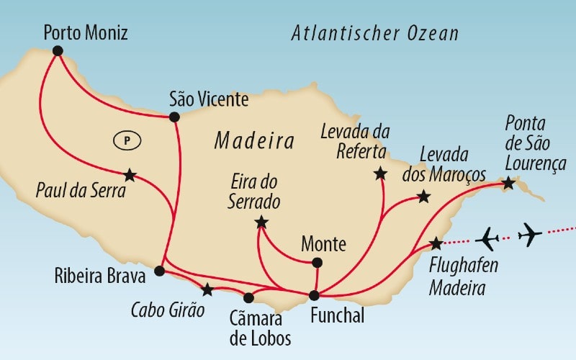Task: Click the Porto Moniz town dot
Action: [x=58, y=50]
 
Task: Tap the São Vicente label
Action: [x=209, y=99]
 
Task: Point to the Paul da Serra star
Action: [x=130, y=175]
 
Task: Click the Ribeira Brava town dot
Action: [x=160, y=271]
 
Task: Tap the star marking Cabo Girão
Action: [x=207, y=289]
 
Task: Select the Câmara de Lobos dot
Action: [x=249, y=297]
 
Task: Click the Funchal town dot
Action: [x=314, y=294]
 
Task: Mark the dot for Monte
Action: [x=318, y=262]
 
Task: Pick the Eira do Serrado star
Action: [x=261, y=222]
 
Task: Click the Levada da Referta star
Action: [x=380, y=174]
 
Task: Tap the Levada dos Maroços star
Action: [x=424, y=197]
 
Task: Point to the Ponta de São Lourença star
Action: [x=508, y=183]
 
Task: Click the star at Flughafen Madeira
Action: [x=436, y=243]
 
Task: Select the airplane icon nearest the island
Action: [x=488, y=237]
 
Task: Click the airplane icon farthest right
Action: [x=530, y=234]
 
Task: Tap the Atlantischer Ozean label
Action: [x=375, y=34]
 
